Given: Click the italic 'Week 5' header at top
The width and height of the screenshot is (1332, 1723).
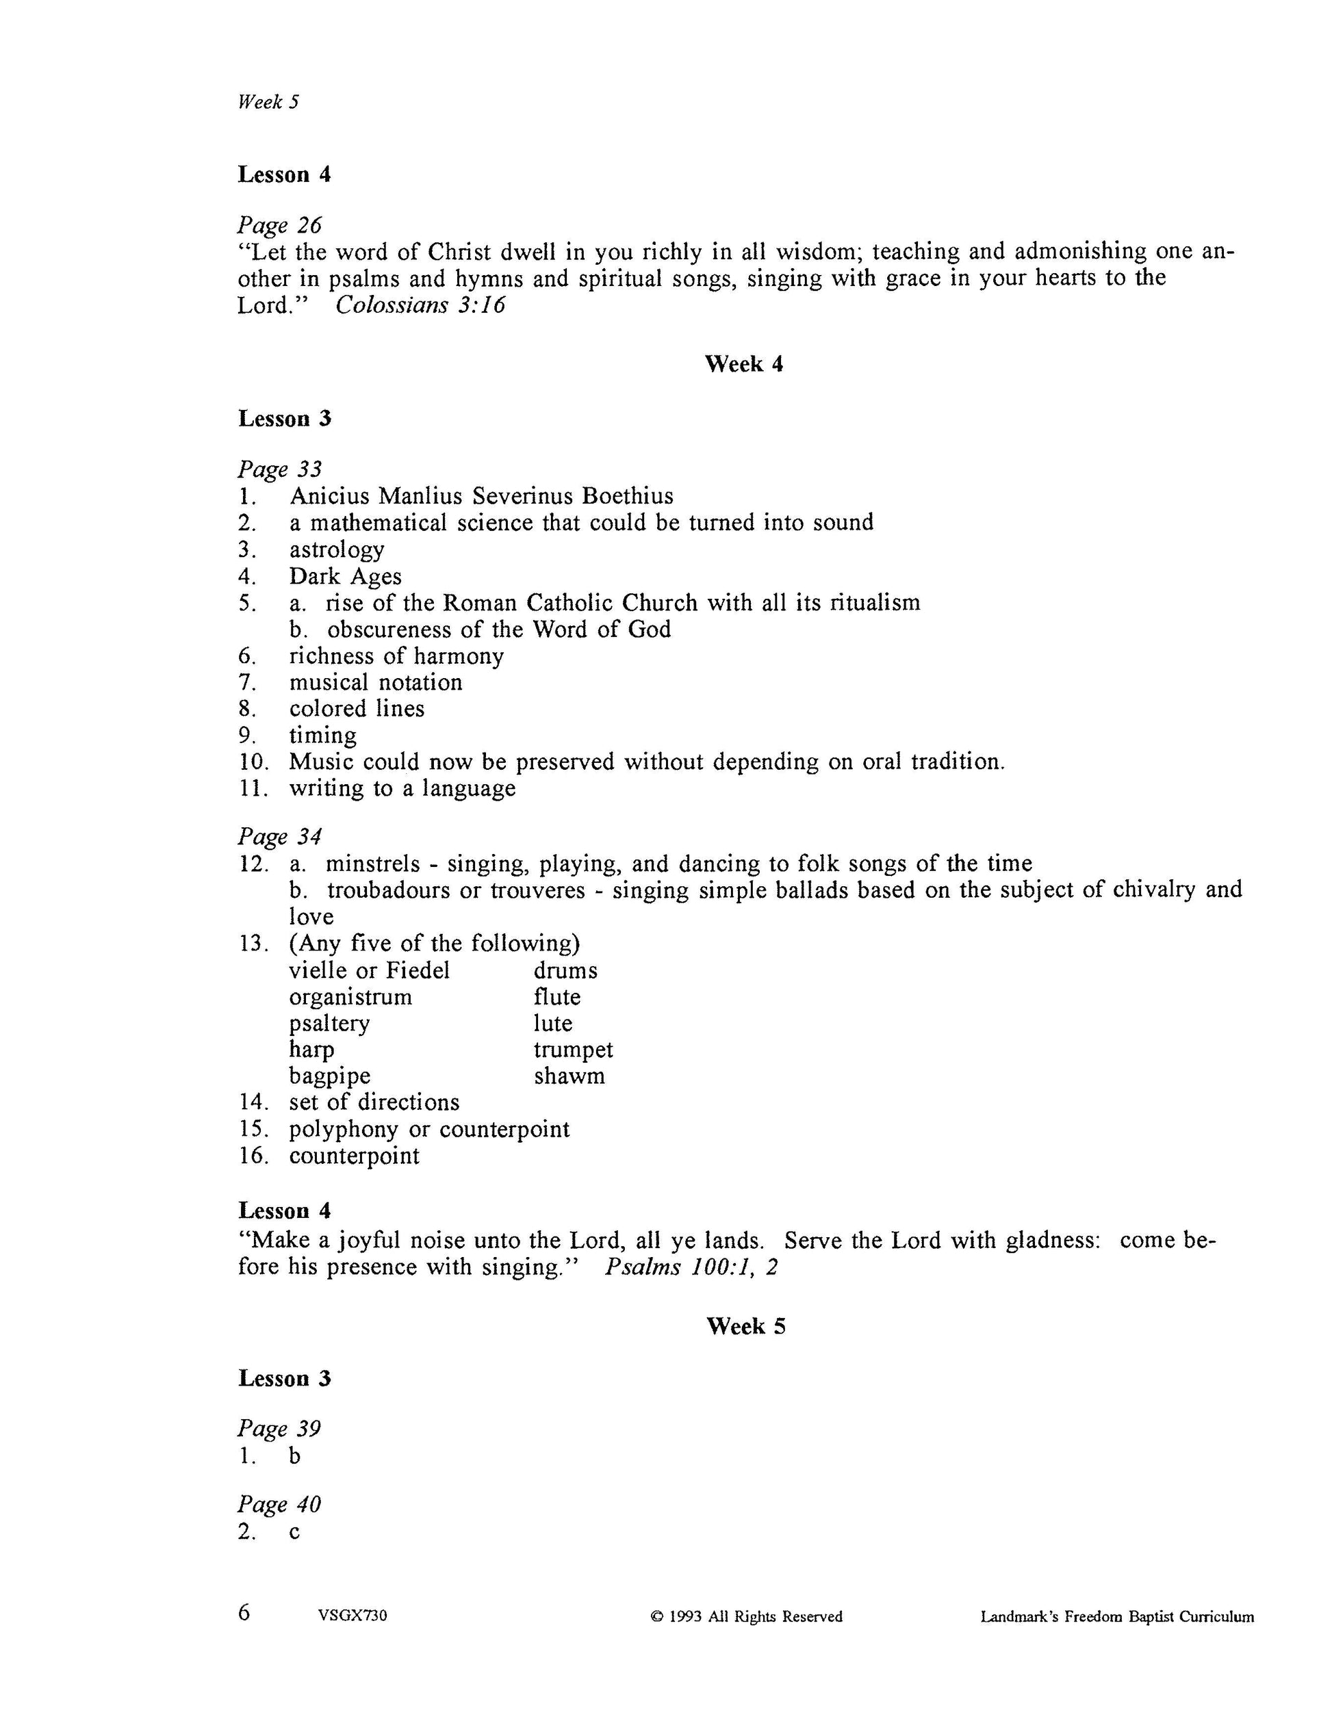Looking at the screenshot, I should tap(268, 102).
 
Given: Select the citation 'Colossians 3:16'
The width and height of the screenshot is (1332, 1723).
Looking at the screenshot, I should tap(420, 305).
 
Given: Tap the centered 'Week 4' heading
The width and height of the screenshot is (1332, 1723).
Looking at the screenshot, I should tap(743, 364).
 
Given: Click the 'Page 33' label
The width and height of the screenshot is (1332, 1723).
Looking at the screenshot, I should tap(279, 469).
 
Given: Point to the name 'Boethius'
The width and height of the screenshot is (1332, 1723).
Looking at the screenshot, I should tap(628, 496).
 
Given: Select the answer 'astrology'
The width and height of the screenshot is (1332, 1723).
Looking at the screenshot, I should tap(336, 550).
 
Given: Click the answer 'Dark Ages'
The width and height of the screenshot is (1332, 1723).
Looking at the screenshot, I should tap(345, 577).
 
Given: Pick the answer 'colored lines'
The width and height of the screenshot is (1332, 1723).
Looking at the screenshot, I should tap(357, 708).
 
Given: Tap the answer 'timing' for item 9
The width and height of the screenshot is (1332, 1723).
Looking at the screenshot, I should tap(323, 736).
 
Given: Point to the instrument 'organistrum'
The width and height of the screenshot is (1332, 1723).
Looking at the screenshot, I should tap(350, 997).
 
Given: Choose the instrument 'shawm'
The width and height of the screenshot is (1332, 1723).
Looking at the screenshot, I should tap(569, 1077).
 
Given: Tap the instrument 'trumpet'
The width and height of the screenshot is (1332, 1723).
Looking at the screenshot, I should tap(573, 1050).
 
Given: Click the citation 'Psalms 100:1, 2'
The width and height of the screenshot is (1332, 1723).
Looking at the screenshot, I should tap(691, 1268).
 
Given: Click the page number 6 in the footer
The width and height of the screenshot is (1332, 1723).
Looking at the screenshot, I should tap(244, 1614).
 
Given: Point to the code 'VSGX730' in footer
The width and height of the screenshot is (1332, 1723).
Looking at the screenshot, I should tap(353, 1616).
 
